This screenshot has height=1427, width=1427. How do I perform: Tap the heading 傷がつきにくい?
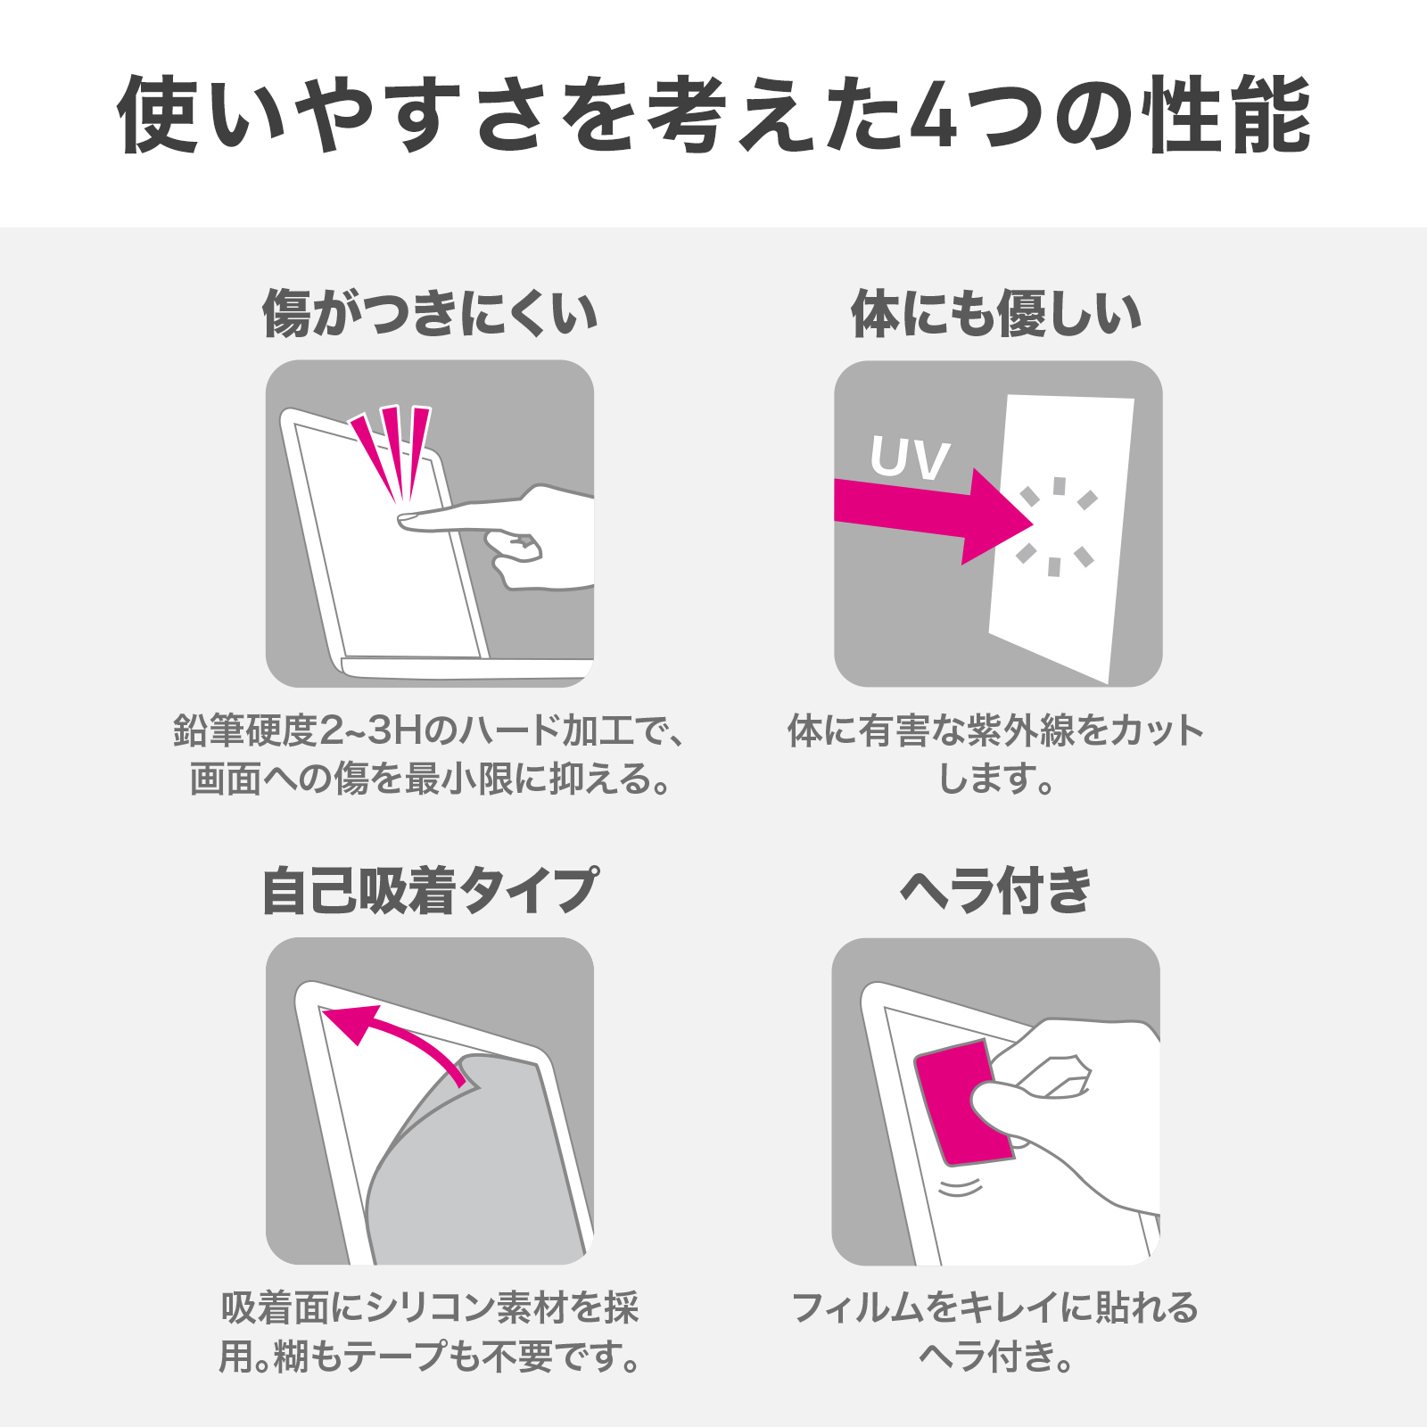[x=430, y=314]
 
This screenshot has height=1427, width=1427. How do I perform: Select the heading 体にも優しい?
[x=996, y=314]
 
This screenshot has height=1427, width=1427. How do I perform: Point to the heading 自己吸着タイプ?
[x=430, y=890]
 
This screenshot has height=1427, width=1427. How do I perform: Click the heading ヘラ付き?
[x=996, y=890]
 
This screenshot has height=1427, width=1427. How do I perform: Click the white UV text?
[x=910, y=458]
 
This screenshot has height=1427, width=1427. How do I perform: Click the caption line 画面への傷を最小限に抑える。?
[x=430, y=779]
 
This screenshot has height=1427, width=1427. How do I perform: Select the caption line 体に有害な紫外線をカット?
[x=996, y=731]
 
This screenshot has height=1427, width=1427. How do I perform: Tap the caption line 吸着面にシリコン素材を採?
[x=430, y=1308]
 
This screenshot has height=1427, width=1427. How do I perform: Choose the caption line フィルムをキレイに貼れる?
[x=996, y=1308]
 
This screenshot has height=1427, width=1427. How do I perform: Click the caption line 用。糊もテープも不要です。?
[x=430, y=1357]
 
